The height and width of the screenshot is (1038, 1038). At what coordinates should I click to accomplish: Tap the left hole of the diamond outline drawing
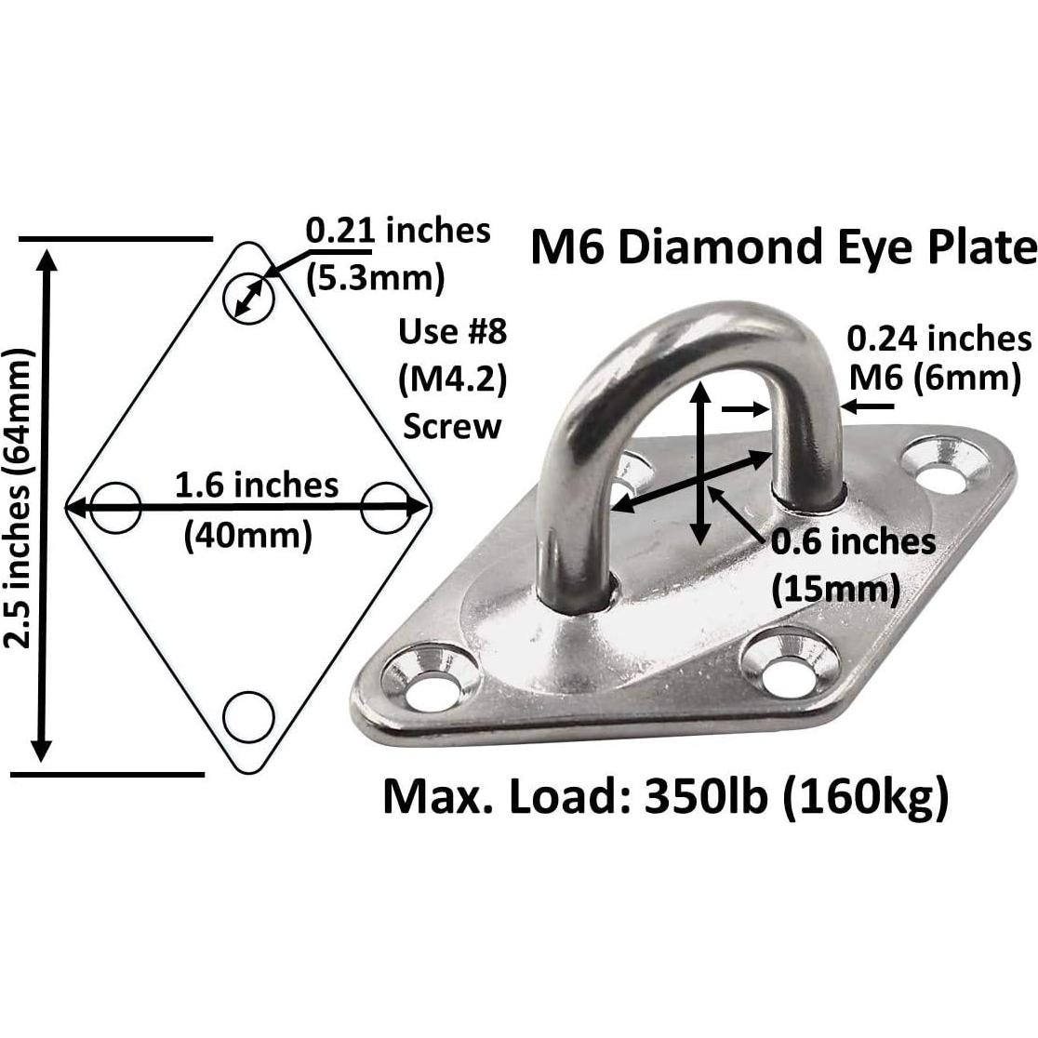click(x=115, y=508)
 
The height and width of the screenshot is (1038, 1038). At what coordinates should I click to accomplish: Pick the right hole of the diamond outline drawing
click(x=384, y=508)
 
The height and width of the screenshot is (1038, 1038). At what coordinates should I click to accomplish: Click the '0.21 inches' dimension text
click(x=398, y=230)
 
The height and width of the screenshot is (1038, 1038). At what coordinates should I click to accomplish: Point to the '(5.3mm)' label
click(x=376, y=276)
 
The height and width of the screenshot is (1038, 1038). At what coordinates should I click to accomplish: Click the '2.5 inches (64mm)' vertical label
click(x=18, y=499)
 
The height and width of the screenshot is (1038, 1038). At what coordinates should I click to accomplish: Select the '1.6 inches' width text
click(x=257, y=485)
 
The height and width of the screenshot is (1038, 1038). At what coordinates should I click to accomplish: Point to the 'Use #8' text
click(x=453, y=331)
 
